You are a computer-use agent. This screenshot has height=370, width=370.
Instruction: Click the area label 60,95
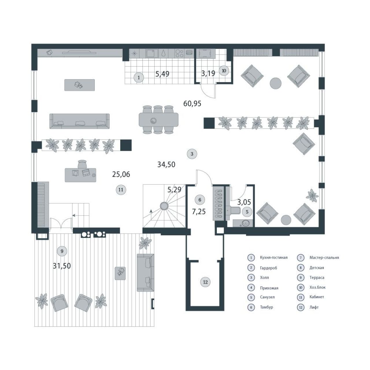point(192,104)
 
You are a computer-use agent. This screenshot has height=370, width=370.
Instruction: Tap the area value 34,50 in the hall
point(166,164)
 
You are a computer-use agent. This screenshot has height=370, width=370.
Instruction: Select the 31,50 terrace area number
point(62,266)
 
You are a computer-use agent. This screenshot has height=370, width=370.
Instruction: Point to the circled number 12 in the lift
point(205,282)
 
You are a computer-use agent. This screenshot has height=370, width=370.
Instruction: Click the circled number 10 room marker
point(224,71)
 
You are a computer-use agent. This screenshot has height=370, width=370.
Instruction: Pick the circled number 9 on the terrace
point(62,251)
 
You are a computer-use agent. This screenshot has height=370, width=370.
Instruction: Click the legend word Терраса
point(317,277)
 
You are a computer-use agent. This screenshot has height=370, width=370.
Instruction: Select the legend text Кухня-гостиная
point(274,258)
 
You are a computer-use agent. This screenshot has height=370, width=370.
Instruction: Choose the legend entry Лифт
point(314,307)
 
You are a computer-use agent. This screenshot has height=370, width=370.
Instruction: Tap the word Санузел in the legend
point(267,297)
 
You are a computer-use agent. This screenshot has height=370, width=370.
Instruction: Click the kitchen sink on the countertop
point(152,53)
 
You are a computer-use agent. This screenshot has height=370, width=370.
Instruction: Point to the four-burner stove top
point(179,53)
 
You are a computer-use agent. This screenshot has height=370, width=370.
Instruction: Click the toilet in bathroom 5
point(234,211)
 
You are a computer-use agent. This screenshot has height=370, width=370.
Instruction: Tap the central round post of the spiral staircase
point(164,206)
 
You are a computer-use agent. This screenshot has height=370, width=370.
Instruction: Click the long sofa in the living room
point(79,121)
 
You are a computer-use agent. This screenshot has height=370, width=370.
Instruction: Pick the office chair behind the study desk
point(82,164)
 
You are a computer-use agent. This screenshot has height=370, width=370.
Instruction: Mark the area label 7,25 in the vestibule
point(199,212)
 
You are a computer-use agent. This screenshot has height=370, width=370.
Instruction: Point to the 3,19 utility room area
point(208,73)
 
